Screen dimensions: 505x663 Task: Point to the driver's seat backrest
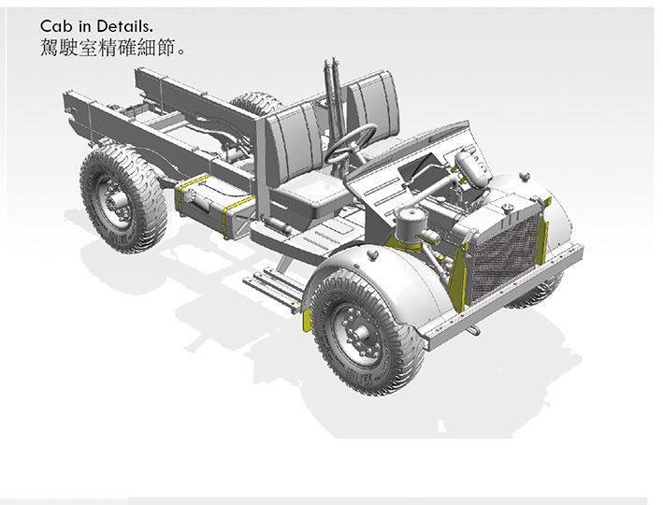pyautogui.click(x=294, y=136)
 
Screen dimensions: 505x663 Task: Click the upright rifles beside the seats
pyautogui.click(x=332, y=94)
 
